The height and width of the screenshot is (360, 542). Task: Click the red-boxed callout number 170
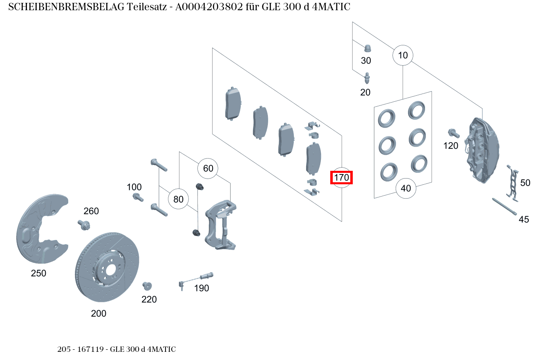(341, 178)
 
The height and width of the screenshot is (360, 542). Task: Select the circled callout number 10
(403, 56)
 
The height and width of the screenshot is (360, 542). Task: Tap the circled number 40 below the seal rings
(406, 188)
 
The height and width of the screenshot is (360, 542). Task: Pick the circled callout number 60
(208, 168)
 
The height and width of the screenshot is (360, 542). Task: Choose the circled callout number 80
(178, 199)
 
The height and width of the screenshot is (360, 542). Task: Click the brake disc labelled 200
(107, 267)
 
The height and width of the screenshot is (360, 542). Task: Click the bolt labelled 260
(84, 225)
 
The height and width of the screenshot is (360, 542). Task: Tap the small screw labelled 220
(147, 286)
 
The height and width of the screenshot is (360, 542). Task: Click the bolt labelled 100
(138, 197)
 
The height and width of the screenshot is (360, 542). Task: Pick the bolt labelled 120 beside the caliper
(454, 133)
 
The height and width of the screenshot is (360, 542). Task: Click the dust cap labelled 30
(367, 48)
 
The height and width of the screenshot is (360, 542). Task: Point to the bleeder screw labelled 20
(367, 78)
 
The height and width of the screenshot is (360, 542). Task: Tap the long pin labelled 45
(504, 206)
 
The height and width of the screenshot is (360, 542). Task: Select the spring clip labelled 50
(513, 183)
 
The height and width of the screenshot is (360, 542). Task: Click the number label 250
(38, 273)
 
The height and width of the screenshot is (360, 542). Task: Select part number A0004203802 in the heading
(209, 7)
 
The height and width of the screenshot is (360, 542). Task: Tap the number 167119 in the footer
(90, 349)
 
